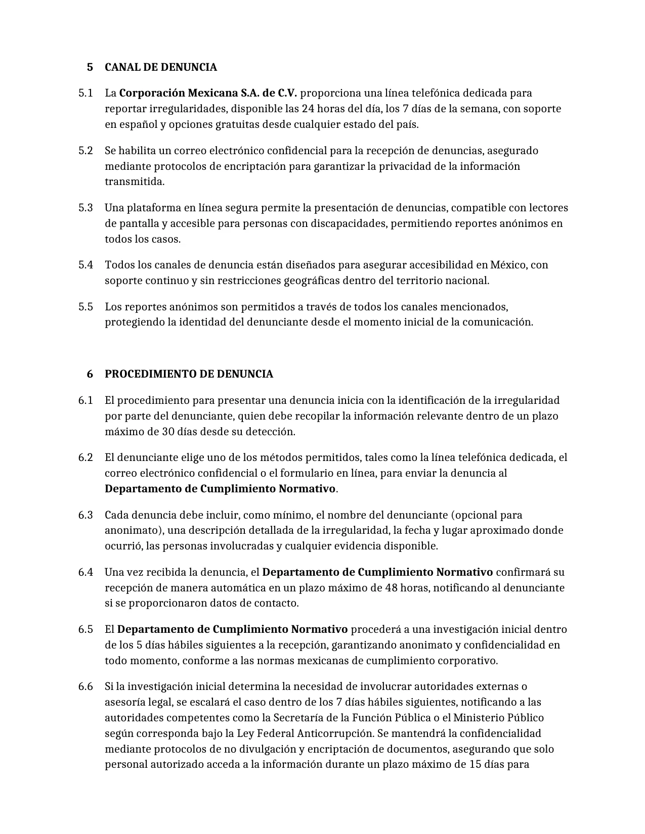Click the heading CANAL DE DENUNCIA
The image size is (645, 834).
[160, 67]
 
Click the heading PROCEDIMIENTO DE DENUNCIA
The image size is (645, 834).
[189, 374]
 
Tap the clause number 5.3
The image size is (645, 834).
[85, 208]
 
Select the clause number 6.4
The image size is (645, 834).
[85, 572]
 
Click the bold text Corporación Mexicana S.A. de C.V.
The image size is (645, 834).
[208, 93]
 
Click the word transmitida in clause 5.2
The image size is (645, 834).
[134, 181]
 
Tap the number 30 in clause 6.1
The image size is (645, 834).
[168, 432]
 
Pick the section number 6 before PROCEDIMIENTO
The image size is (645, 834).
[90, 374]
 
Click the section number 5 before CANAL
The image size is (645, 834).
[90, 67]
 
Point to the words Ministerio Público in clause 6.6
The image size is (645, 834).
[498, 718]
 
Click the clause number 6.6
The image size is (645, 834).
[85, 686]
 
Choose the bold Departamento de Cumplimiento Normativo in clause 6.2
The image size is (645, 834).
[220, 489]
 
